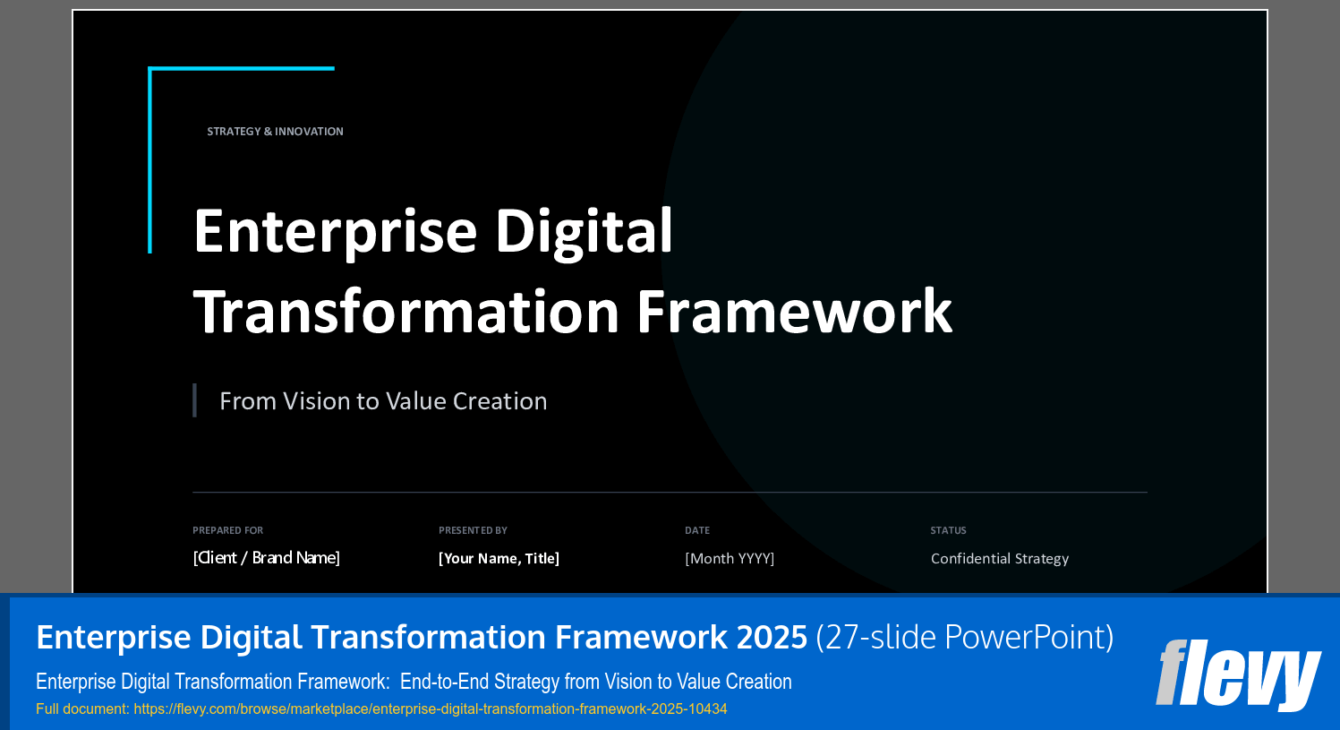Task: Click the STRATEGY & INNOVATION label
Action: pyautogui.click(x=275, y=132)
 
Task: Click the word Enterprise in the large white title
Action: pyautogui.click(x=335, y=231)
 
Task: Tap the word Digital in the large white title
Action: pyautogui.click(x=584, y=231)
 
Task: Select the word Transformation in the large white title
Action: pyautogui.click(x=406, y=312)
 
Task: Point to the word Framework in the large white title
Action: pyautogui.click(x=794, y=312)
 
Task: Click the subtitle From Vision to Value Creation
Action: pyautogui.click(x=383, y=401)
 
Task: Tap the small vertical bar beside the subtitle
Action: pyautogui.click(x=194, y=400)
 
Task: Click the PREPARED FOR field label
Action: pyautogui.click(x=227, y=530)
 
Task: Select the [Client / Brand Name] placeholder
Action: pyautogui.click(x=266, y=558)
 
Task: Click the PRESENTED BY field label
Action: pyautogui.click(x=473, y=530)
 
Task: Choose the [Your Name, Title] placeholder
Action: pyautogui.click(x=499, y=559)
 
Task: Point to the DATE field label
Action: pyautogui.click(x=697, y=530)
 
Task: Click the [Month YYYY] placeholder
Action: pyautogui.click(x=730, y=559)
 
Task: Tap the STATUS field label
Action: pyautogui.click(x=948, y=530)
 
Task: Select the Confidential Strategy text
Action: pyautogui.click(x=1000, y=559)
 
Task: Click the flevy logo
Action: pyautogui.click(x=1238, y=674)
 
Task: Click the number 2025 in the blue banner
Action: pyautogui.click(x=772, y=638)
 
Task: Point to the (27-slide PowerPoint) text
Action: pyautogui.click(x=965, y=638)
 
